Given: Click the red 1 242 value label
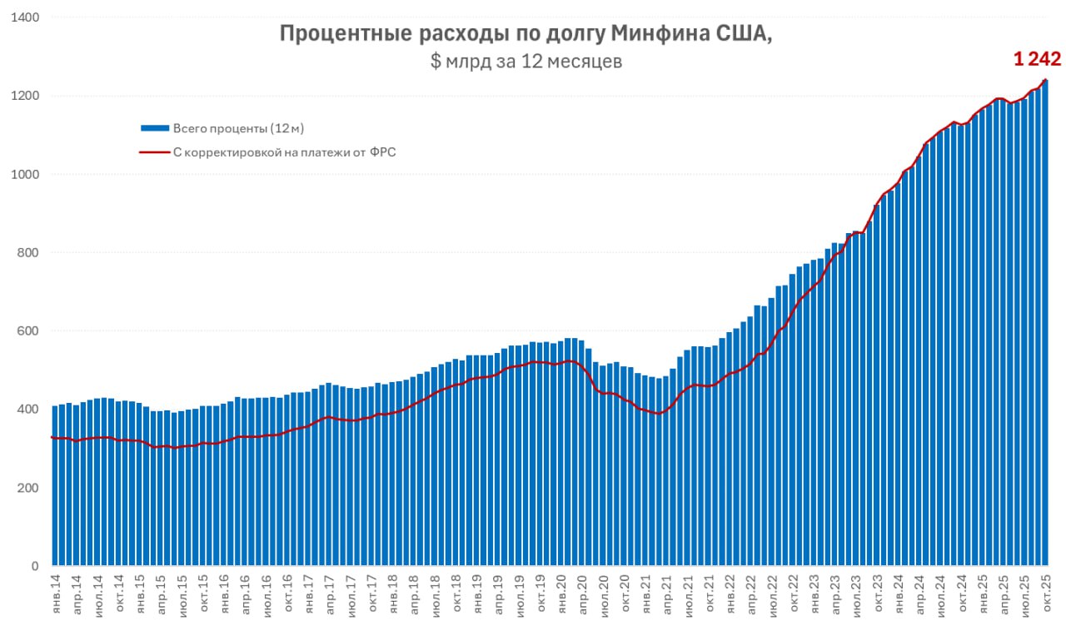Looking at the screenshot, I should pos(1036,59).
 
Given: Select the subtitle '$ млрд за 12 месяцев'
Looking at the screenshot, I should pos(526,62).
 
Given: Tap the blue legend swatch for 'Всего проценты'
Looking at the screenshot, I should pos(155,128).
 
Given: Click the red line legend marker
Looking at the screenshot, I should pos(155,152).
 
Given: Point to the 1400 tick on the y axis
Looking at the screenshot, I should pos(24,17).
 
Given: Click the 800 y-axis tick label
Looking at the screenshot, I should pos(28,252).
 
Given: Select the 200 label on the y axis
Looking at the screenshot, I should pos(28,488).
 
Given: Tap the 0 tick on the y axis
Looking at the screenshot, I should pos(35,566).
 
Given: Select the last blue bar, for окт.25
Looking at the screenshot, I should pos(1045,333).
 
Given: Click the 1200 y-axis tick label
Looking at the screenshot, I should pos(24,96).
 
